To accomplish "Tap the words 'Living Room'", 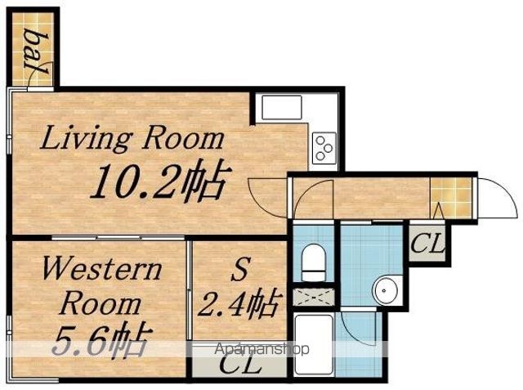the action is click(x=132, y=138).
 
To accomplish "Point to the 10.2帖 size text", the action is click(x=161, y=181).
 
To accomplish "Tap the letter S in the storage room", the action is click(x=240, y=270).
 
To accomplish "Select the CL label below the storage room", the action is click(x=239, y=365).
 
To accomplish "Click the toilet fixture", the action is click(x=313, y=262).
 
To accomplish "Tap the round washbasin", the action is click(x=385, y=290).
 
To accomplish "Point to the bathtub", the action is click(x=314, y=345).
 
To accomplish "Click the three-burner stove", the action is click(x=324, y=148).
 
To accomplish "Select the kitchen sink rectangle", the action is click(x=282, y=107).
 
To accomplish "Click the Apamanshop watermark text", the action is click(x=261, y=349).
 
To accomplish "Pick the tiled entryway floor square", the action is click(x=451, y=198).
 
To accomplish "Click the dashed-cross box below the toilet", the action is click(x=314, y=297).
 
